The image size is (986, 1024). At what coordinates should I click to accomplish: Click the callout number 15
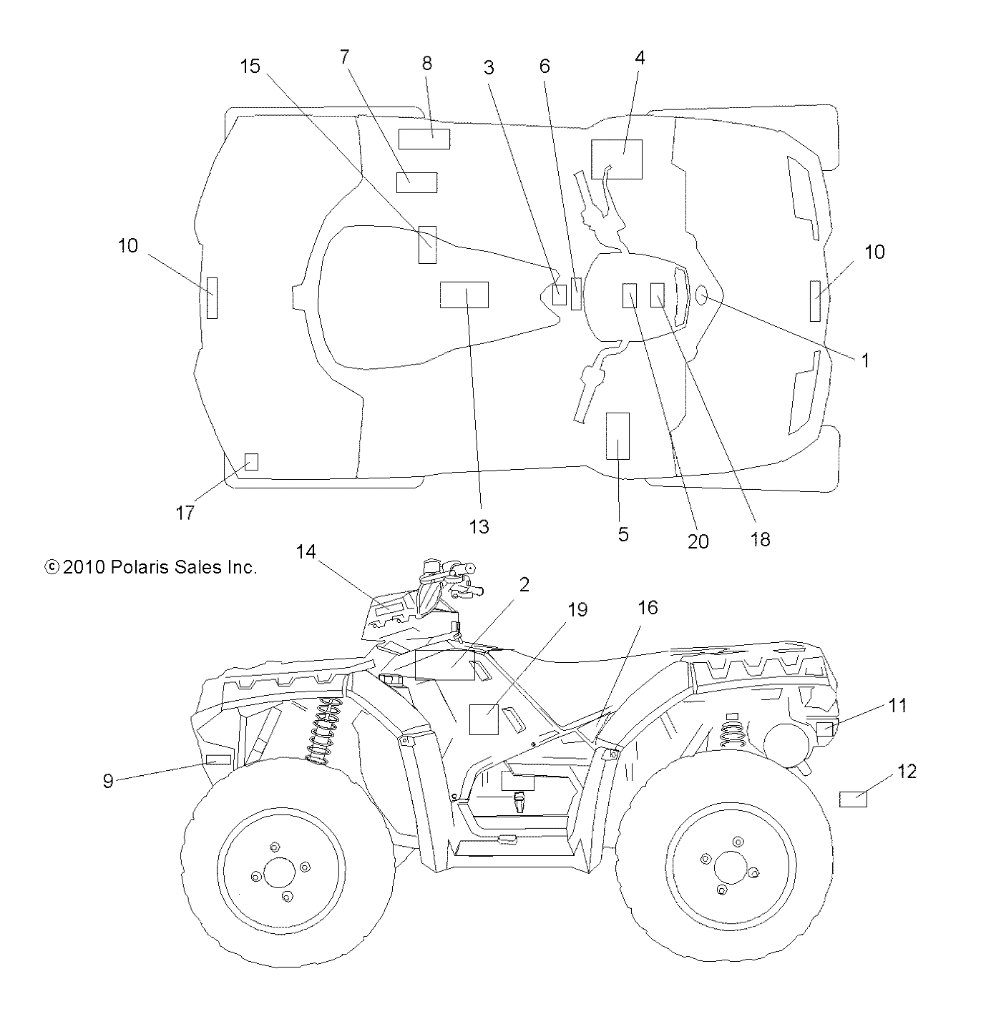(250, 67)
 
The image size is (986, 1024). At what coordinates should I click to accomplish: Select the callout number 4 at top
(640, 58)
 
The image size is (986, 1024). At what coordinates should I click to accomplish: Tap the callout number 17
(185, 513)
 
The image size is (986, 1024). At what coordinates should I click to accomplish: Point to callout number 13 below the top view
(479, 526)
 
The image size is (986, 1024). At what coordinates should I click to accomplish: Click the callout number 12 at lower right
(907, 772)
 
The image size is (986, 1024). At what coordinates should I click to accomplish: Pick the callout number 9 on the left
(108, 781)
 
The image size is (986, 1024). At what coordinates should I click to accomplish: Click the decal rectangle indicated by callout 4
(616, 159)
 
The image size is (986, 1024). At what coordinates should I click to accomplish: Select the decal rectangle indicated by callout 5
(618, 435)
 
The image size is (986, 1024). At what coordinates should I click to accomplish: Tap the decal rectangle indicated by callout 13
(464, 295)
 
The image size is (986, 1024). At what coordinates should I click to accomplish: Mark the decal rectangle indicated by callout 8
(424, 139)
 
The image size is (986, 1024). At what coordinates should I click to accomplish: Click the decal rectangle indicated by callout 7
(416, 182)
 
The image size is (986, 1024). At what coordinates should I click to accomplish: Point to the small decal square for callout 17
(251, 461)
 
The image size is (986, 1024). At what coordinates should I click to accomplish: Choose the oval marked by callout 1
(701, 293)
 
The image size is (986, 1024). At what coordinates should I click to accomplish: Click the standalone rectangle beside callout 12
(852, 799)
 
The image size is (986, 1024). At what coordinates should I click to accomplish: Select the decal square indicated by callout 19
(483, 719)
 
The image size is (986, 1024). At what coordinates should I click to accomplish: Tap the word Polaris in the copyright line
(139, 567)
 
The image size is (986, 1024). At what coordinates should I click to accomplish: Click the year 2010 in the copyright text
(84, 567)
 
